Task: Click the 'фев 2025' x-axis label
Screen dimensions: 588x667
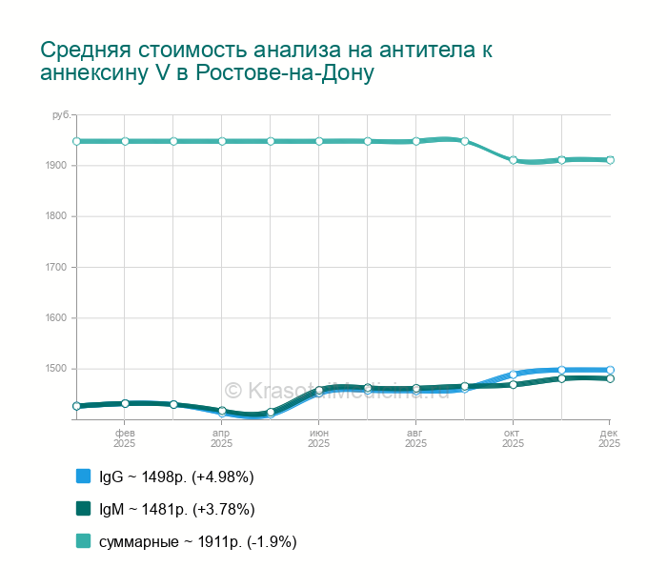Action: pos(125,437)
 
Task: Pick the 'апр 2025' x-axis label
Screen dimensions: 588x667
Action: pos(221,437)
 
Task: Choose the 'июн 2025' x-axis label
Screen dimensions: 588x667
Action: pos(318,437)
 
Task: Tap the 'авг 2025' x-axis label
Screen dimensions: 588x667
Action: pos(415,437)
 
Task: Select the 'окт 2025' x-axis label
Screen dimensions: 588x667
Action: pos(513,437)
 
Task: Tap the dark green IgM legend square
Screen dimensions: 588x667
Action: pos(83,509)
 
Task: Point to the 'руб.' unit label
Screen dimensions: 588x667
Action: pos(61,115)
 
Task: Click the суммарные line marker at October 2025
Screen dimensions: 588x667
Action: pos(513,160)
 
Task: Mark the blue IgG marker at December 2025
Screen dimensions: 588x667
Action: pos(610,370)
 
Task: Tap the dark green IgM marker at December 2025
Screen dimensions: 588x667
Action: pos(610,378)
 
